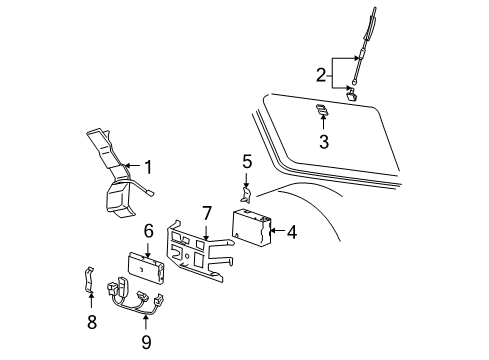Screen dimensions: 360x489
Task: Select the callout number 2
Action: pyautogui.click(x=320, y=73)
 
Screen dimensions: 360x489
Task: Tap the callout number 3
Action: pyautogui.click(x=323, y=141)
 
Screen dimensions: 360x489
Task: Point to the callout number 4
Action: pyautogui.click(x=291, y=232)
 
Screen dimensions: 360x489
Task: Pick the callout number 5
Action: pyautogui.click(x=247, y=161)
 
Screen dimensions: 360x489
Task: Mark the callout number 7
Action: pyautogui.click(x=207, y=213)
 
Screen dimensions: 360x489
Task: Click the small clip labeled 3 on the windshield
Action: pyautogui.click(x=322, y=109)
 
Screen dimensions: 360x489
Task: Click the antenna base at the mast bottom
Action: pyautogui.click(x=353, y=94)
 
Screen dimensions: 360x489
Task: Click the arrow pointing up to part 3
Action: pyautogui.click(x=323, y=122)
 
